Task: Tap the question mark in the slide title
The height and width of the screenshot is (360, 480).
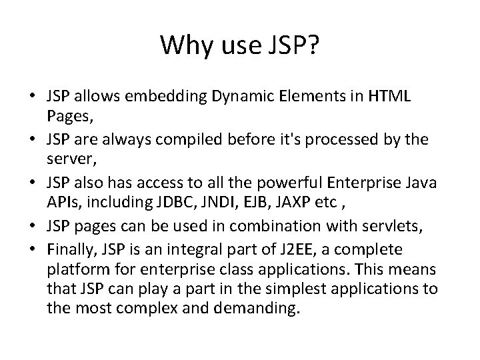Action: click(x=313, y=45)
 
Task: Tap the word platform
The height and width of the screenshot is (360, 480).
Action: click(x=73, y=269)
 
